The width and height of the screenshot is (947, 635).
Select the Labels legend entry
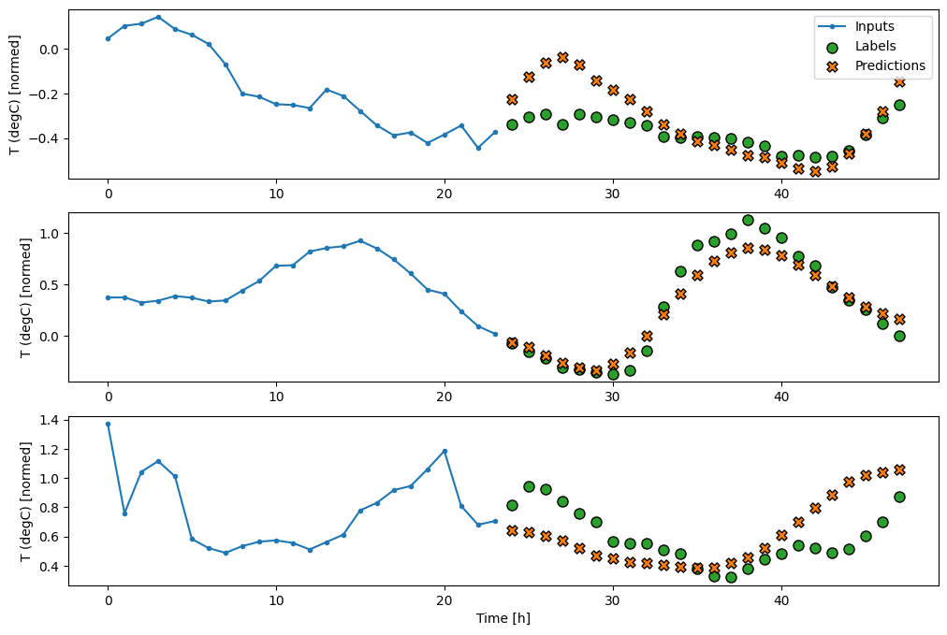pyautogui.click(x=877, y=46)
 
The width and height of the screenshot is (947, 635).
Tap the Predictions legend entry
pyautogui.click(x=889, y=65)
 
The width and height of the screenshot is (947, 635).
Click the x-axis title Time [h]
pyautogui.click(x=503, y=618)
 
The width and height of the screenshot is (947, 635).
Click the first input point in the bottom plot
pyautogui.click(x=108, y=424)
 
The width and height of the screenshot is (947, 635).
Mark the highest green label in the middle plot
pyautogui.click(x=748, y=221)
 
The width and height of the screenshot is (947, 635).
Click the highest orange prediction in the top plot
pyautogui.click(x=562, y=57)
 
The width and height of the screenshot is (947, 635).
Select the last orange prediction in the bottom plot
pyautogui.click(x=899, y=469)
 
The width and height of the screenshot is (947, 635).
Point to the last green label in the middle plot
pyautogui.click(x=899, y=336)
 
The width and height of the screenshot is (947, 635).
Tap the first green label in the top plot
pyautogui.click(x=512, y=124)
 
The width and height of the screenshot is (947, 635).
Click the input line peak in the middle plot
pyautogui.click(x=360, y=240)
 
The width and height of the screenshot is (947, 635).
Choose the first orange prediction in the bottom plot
pyautogui.click(x=512, y=530)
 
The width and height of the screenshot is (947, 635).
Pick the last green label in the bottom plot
pyautogui.click(x=899, y=497)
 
